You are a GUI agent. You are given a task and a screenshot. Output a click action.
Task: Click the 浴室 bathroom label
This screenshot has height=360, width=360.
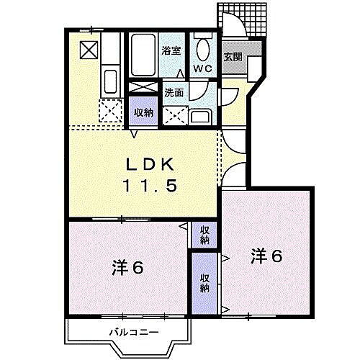pyautogui.click(x=171, y=51)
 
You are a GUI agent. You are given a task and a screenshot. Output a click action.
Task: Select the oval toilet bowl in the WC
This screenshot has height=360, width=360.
pyautogui.click(x=202, y=48)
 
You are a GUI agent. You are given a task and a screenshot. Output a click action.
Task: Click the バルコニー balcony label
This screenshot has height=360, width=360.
pyautogui.click(x=134, y=331)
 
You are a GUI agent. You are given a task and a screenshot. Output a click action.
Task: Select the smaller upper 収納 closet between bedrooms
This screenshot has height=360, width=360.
pyautogui.click(x=204, y=235)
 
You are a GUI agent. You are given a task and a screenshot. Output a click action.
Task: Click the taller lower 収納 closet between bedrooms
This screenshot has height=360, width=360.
pyautogui.click(x=204, y=283)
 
